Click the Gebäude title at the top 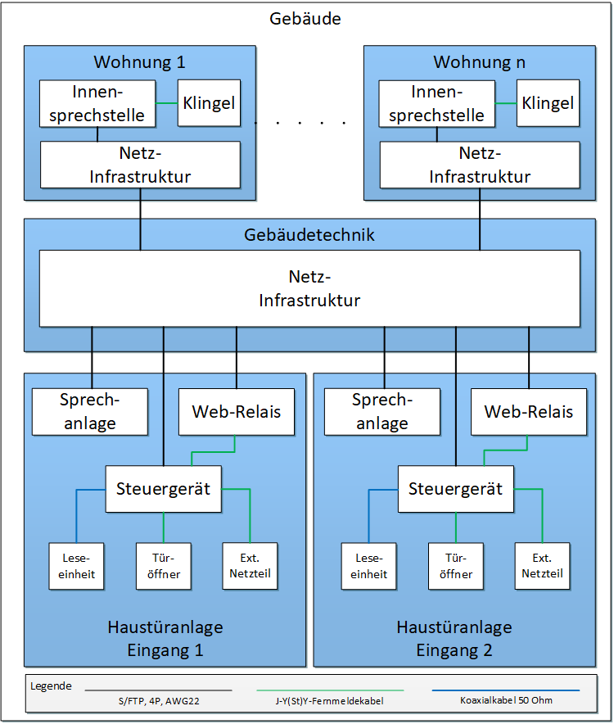305,19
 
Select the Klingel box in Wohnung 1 209,103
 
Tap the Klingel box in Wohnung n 548,103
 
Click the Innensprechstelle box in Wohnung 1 97,103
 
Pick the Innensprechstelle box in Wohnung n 436,103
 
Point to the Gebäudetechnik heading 309,235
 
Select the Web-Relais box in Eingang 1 237,411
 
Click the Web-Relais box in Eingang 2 529,411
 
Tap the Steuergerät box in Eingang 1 164,489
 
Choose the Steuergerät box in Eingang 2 456,489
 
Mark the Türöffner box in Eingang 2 456,566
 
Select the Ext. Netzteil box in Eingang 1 250,566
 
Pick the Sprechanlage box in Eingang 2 382,411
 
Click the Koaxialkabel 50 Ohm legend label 505,701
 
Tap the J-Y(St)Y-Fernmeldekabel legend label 330,701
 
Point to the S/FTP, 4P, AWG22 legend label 158,701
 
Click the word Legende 51,686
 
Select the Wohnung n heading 480,62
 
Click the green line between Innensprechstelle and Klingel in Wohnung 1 166,103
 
